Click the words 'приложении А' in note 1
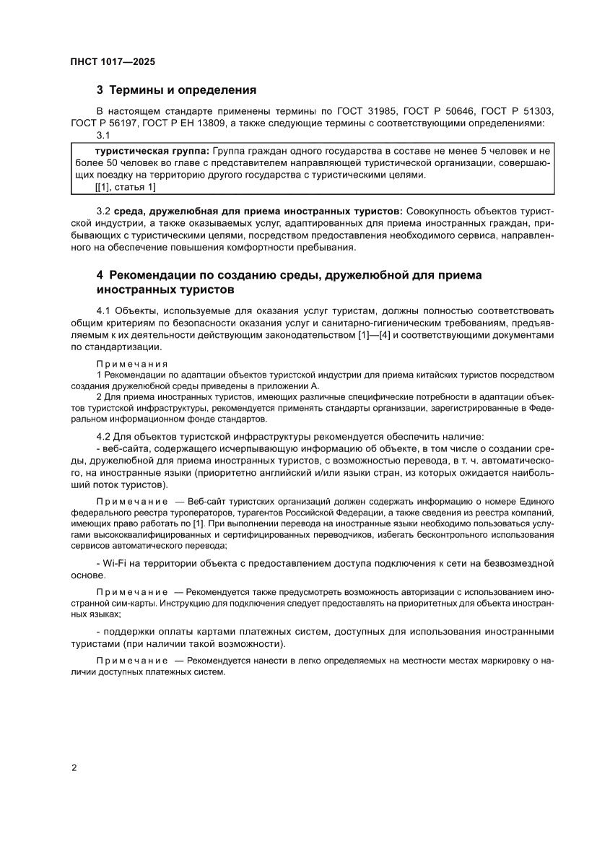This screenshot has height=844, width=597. (x=290, y=386)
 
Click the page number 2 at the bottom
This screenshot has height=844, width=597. (x=74, y=767)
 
